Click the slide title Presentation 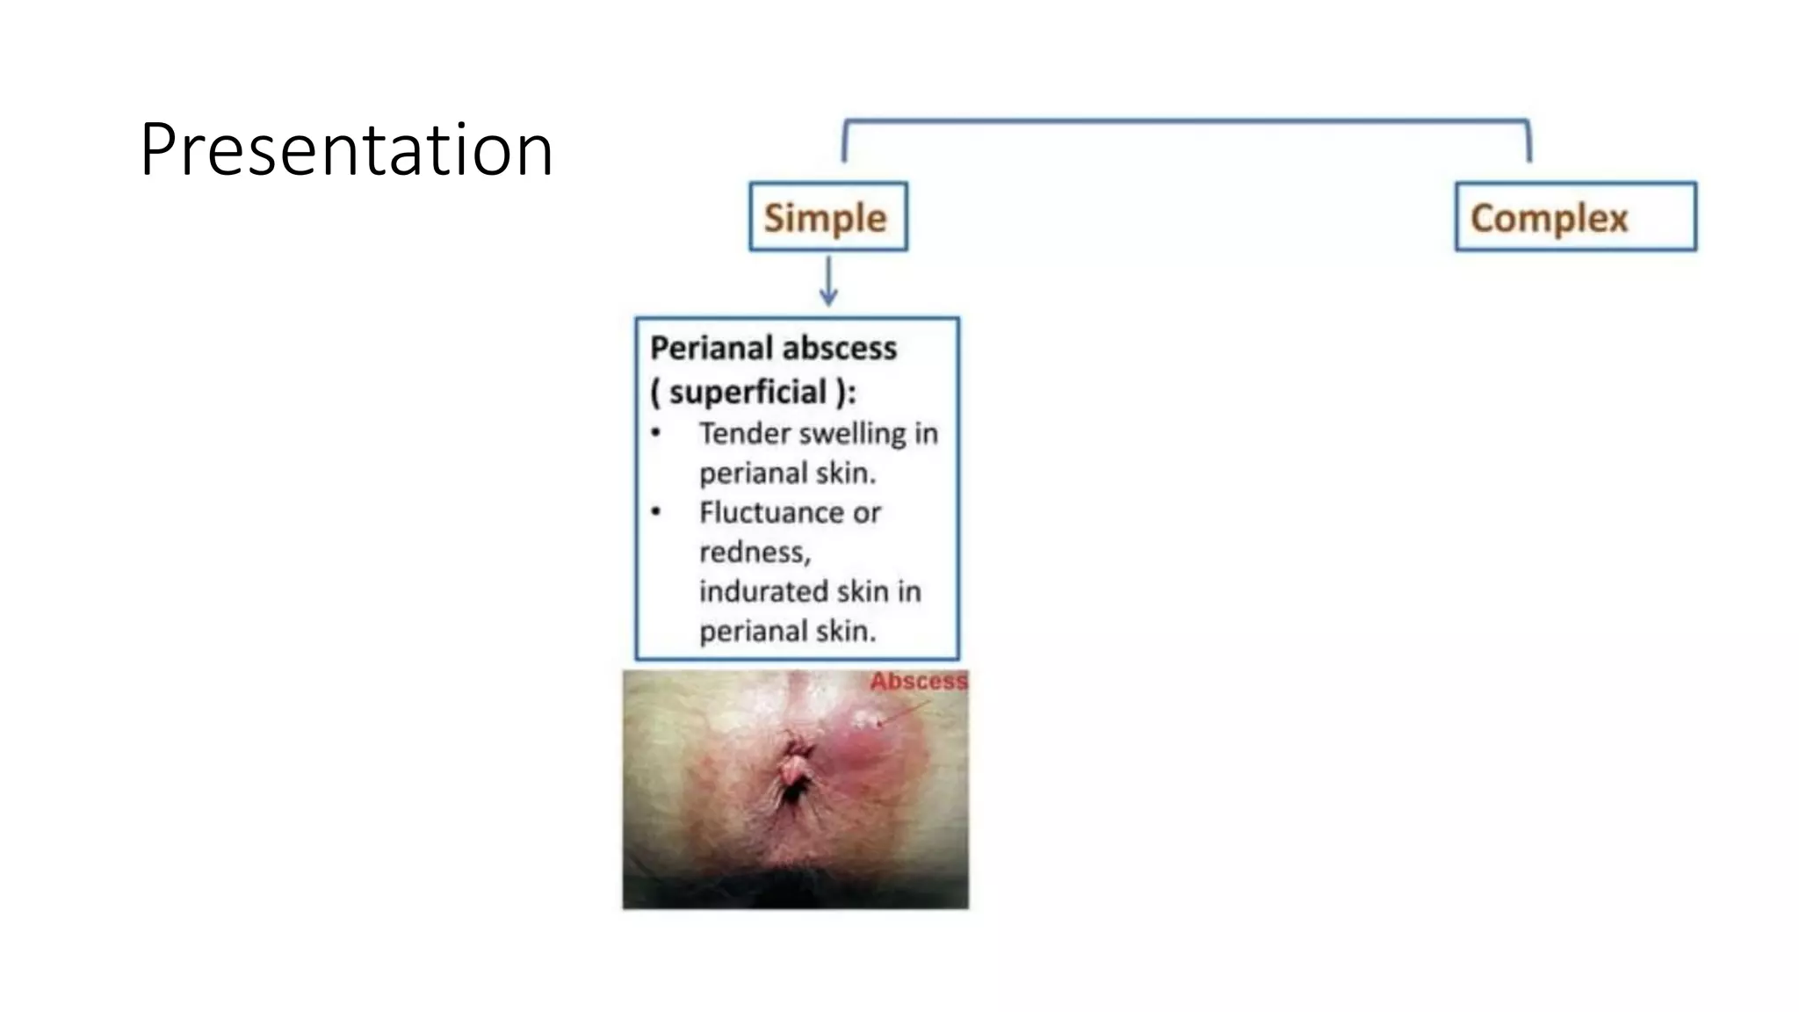pos(346,150)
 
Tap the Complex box pos(1575,217)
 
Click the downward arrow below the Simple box pos(828,281)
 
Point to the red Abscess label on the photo pos(918,681)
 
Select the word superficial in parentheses pos(748,392)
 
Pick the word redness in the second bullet pos(753,553)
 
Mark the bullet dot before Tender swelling pos(656,432)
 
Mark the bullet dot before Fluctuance pos(656,511)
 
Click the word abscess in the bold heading pos(839,349)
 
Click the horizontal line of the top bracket pos(1186,120)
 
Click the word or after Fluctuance pos(866,513)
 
